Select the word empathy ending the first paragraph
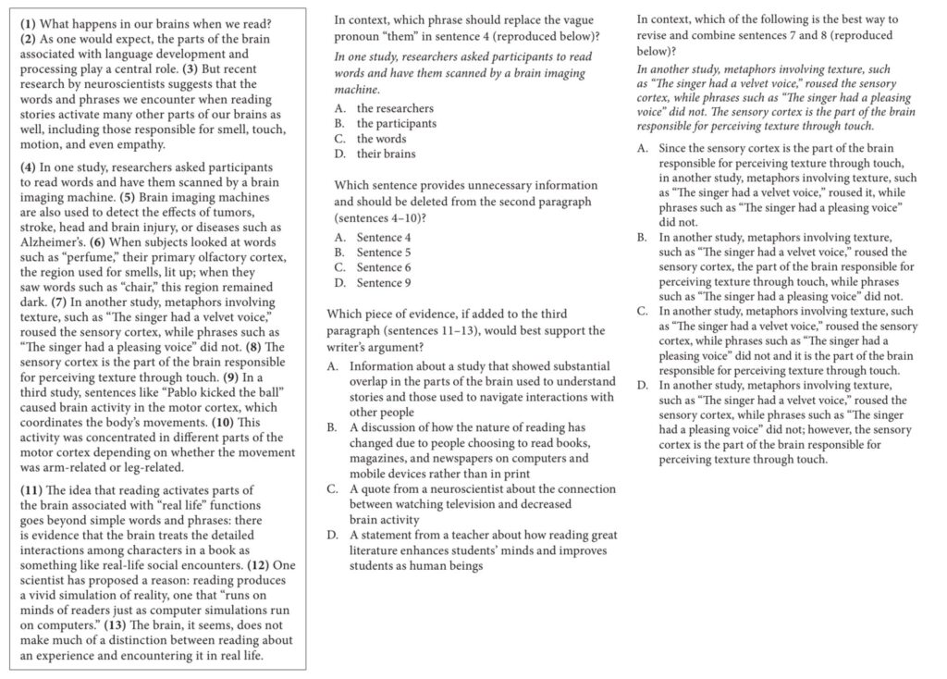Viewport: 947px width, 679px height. click(136, 144)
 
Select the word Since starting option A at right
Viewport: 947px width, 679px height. click(673, 148)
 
